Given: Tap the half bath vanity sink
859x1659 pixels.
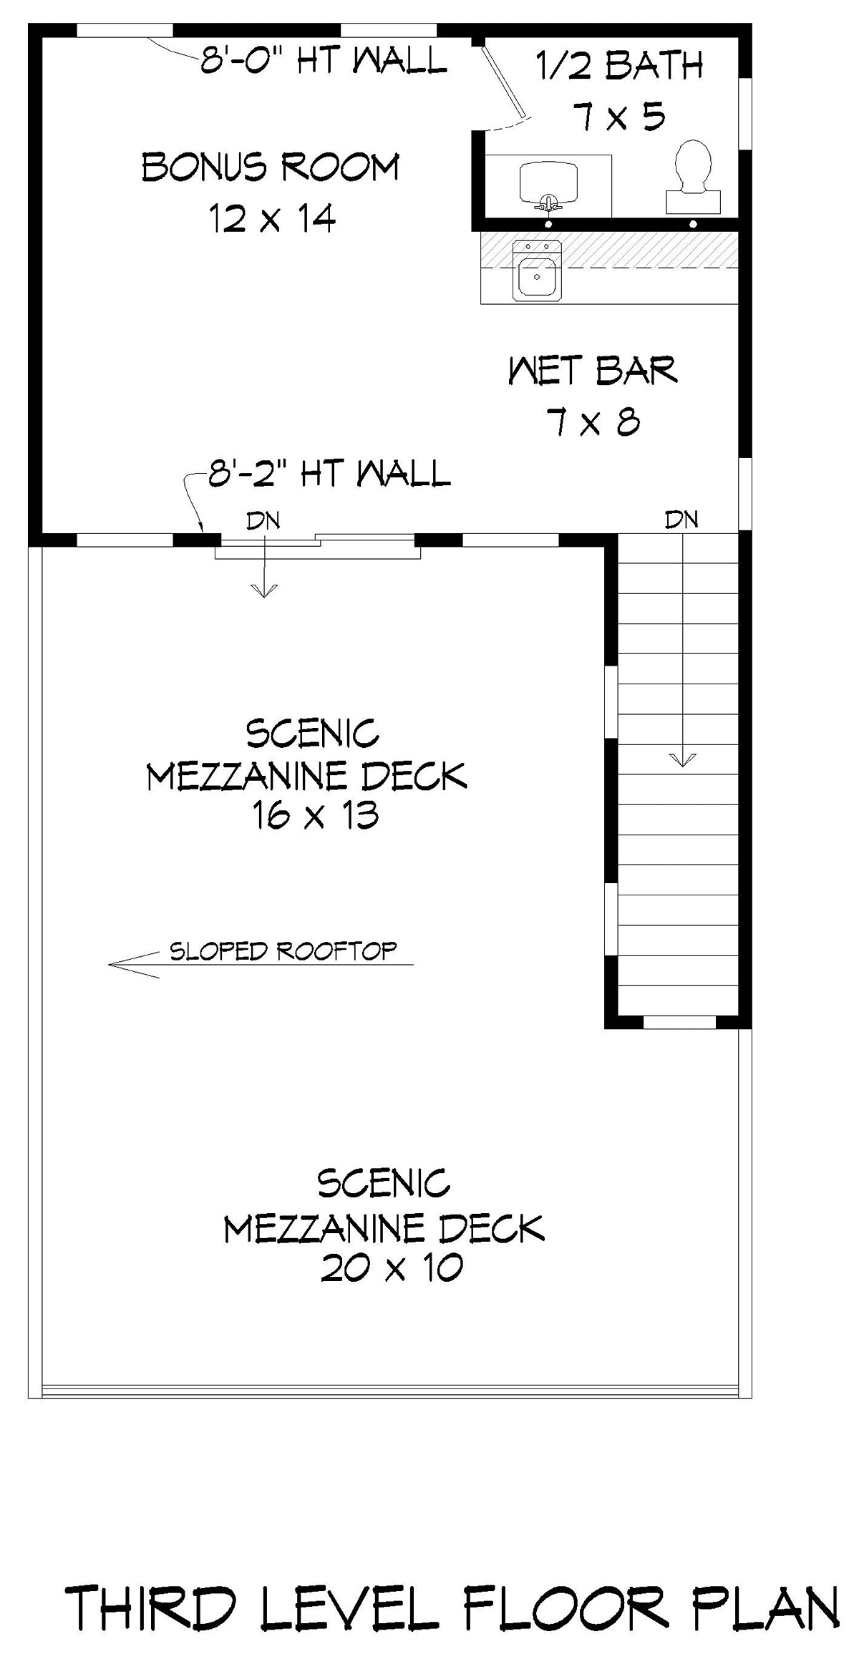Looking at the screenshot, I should (548, 184).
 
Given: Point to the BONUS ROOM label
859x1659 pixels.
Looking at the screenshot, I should (270, 167).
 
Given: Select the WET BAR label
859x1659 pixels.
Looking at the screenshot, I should (593, 371).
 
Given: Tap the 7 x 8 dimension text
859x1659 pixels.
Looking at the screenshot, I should (593, 422).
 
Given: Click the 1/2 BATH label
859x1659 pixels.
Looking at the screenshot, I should (620, 66).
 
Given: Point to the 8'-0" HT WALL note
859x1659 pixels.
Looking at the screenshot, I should (324, 60).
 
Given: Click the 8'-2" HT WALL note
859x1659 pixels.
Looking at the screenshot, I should (329, 473).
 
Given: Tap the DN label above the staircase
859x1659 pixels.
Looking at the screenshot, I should (681, 519).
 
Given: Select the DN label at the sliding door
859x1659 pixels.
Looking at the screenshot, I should (263, 520).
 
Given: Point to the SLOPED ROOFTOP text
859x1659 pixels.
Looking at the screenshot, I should (283, 950).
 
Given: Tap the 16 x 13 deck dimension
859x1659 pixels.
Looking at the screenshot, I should (315, 815).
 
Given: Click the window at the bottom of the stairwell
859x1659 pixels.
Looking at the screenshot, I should (679, 1023).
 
